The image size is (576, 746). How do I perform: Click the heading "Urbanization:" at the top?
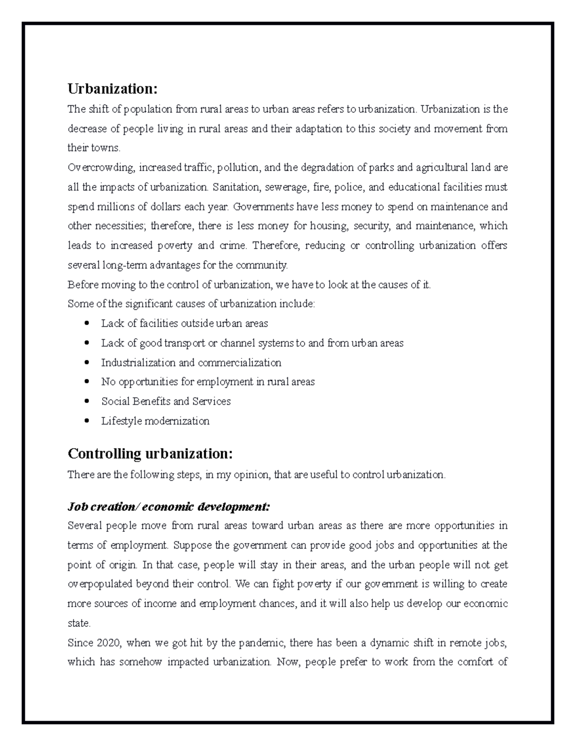tap(112, 89)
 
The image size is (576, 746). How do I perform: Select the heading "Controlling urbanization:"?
tap(150, 453)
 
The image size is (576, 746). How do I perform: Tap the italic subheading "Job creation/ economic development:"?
tap(169, 507)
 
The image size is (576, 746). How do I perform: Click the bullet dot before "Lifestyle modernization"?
tap(86, 421)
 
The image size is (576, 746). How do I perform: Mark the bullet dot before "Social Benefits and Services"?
tap(86, 401)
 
